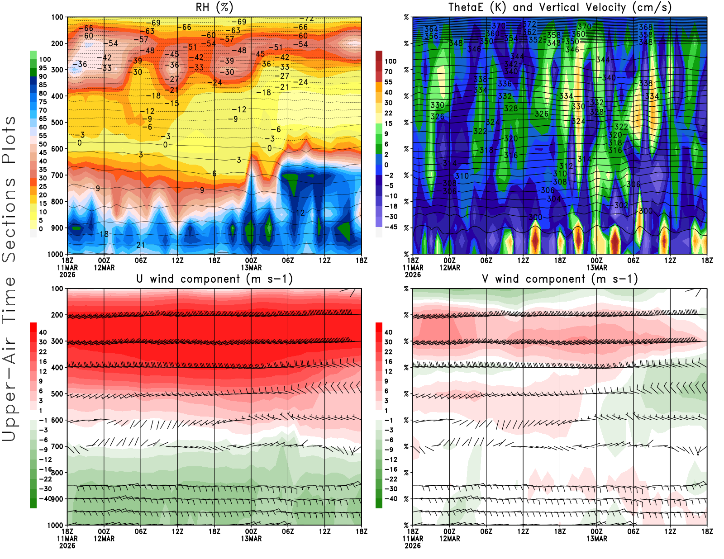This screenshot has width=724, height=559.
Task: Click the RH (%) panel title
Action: (214, 7)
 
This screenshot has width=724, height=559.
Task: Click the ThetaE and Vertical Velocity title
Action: (560, 7)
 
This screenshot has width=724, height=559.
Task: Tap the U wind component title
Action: (214, 279)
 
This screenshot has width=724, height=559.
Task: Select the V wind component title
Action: (560, 279)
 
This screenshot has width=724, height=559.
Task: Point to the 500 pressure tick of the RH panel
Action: (57, 123)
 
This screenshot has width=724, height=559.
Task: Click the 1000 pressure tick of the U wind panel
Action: (56, 526)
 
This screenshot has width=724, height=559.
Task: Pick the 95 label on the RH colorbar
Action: (43, 68)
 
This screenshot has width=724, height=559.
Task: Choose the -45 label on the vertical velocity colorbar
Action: (391, 227)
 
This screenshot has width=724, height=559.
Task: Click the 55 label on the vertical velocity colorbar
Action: (388, 82)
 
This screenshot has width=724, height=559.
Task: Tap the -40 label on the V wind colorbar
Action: (391, 499)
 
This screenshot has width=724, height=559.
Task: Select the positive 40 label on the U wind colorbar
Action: (43, 332)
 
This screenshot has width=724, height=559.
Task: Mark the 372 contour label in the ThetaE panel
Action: (529, 24)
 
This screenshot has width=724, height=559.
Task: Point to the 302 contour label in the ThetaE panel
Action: (621, 205)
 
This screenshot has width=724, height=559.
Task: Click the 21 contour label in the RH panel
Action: (141, 245)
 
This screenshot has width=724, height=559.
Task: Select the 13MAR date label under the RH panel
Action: (251, 267)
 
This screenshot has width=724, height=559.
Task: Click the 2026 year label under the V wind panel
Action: (413, 545)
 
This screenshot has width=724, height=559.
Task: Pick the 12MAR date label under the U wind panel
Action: (104, 539)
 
